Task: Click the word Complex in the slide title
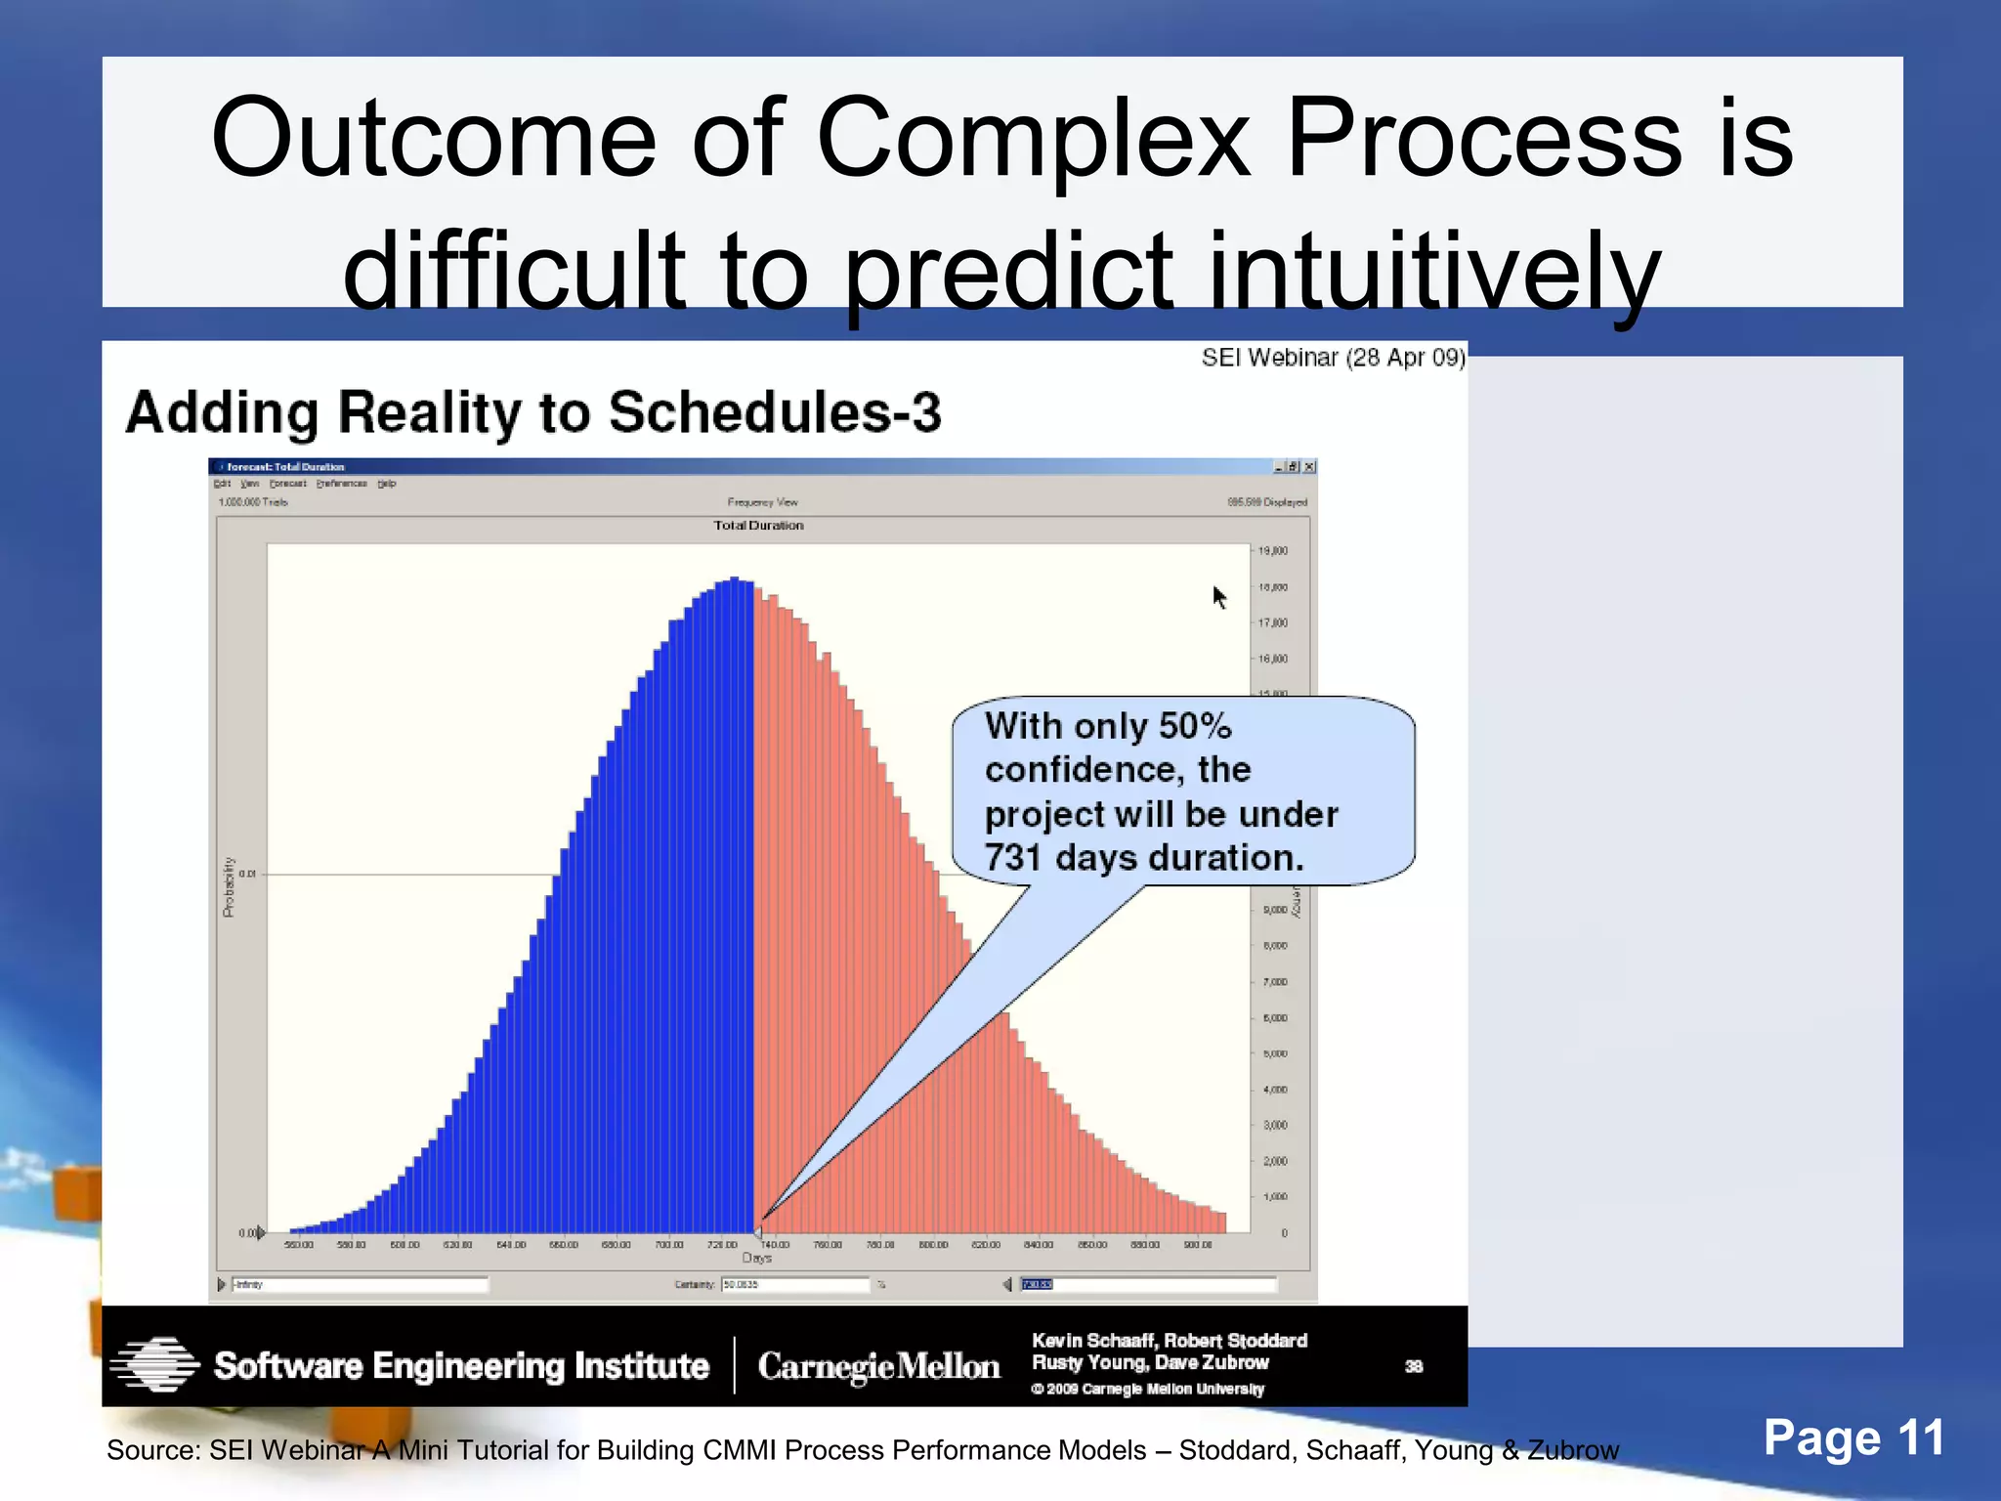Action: coord(1032,140)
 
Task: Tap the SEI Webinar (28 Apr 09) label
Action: coord(1333,358)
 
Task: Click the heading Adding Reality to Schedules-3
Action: coord(533,412)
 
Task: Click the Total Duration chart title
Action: coord(758,526)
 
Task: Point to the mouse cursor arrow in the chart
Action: coord(1218,595)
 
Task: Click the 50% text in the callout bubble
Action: coord(1194,726)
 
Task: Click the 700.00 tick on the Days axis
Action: coord(669,1245)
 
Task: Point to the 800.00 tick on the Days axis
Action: coord(933,1245)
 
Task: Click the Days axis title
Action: coord(757,1259)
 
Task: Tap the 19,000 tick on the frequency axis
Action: coord(1272,551)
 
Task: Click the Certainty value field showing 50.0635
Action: coord(793,1285)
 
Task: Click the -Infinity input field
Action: coord(359,1285)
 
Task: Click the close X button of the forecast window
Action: coord(1309,467)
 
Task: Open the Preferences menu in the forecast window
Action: coord(342,484)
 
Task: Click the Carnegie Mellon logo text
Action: coord(878,1366)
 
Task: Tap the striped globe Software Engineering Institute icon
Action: coord(154,1365)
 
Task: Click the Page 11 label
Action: coord(1852,1438)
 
